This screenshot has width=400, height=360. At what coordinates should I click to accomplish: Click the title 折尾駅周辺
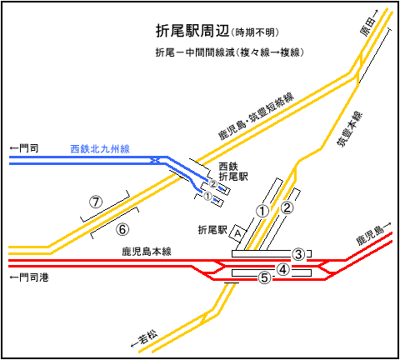192,31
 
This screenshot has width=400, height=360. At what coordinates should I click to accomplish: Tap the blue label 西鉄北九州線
100,149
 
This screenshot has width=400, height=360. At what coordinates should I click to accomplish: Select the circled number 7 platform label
96,202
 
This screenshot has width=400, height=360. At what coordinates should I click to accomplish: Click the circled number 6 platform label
122,229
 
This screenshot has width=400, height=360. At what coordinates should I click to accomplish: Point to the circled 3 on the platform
298,254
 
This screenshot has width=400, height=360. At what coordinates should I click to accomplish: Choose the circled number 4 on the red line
282,269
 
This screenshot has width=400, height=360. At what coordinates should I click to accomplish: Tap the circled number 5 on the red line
265,277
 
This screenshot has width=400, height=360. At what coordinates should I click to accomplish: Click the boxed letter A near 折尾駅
237,232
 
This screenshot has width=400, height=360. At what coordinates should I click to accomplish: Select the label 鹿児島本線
147,252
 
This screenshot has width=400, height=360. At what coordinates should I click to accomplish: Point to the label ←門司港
29,277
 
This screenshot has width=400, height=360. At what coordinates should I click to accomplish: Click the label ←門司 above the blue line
24,148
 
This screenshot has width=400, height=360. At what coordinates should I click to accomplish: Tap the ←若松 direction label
144,338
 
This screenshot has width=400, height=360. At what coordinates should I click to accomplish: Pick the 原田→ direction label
369,23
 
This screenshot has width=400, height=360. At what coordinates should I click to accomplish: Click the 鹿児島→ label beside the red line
374,234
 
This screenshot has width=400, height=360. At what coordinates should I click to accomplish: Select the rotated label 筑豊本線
349,129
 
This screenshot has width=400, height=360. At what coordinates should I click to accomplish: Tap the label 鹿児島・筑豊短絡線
256,117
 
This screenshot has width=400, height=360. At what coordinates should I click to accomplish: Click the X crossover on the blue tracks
154,160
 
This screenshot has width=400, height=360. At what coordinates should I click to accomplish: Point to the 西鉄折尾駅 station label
232,172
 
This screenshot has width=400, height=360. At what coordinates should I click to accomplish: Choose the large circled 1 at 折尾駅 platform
262,211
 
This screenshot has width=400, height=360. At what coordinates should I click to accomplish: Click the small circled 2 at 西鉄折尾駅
213,184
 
